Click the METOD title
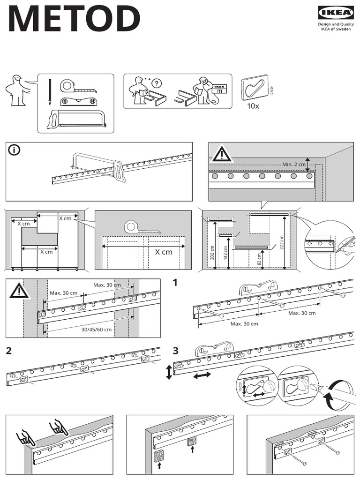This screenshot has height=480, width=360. pyautogui.click(x=74, y=20)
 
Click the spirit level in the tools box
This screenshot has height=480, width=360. pyautogui.click(x=77, y=101)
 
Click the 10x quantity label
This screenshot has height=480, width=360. pyautogui.click(x=253, y=106)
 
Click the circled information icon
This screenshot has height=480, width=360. pyautogui.click(x=15, y=150)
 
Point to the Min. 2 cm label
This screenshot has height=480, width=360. pyautogui.click(x=293, y=164)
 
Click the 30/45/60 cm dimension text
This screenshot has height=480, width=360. pyautogui.click(x=97, y=330)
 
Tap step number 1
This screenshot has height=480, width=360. pyautogui.click(x=175, y=283)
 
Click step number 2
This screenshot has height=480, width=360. pyautogui.click(x=9, y=351)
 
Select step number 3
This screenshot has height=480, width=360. pyautogui.click(x=175, y=351)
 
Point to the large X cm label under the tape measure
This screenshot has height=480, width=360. pyautogui.click(x=164, y=252)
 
